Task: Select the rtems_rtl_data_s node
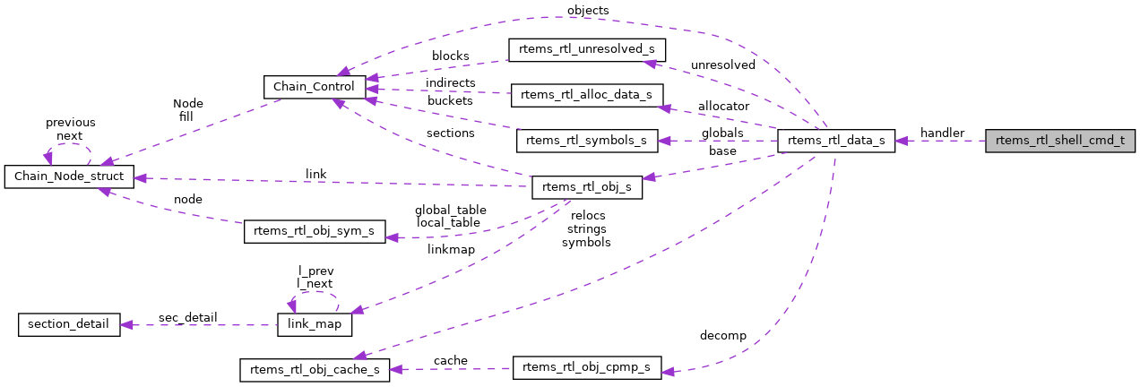[835, 141]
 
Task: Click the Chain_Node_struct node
[69, 176]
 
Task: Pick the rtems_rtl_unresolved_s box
[587, 48]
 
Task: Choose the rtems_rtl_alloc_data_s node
[586, 95]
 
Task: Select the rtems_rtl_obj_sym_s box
[315, 231]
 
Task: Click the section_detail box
[69, 323]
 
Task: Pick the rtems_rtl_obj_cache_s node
[314, 369]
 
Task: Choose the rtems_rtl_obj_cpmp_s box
[587, 368]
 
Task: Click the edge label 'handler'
[942, 133]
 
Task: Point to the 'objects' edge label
[588, 10]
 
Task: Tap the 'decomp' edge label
[722, 336]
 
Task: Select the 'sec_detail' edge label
[188, 317]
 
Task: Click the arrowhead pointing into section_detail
[126, 324]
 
